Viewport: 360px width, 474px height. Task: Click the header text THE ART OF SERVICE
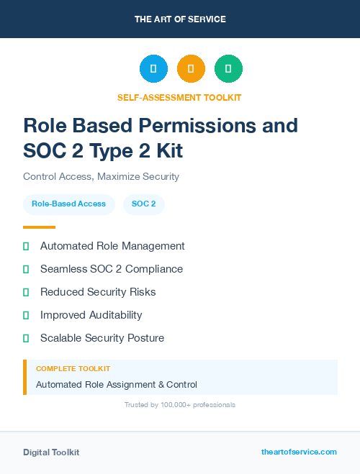click(180, 19)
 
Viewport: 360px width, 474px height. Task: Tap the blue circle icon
click(153, 68)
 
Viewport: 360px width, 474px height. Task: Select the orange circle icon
click(191, 68)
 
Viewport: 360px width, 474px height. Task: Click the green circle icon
click(228, 68)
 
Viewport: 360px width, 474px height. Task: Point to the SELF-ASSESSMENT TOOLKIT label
click(179, 97)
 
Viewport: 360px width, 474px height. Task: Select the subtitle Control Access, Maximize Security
click(101, 176)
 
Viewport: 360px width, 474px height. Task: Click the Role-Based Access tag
click(68, 204)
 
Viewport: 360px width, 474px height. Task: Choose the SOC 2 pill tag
click(144, 204)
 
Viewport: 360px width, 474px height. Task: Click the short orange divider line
click(39, 227)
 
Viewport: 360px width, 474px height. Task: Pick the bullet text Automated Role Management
click(112, 246)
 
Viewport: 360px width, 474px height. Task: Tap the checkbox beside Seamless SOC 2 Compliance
click(26, 269)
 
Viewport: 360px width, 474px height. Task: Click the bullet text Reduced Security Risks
click(98, 292)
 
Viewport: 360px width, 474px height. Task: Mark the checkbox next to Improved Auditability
click(26, 315)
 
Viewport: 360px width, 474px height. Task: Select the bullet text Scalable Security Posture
click(102, 338)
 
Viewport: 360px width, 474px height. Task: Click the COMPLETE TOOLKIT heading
click(73, 368)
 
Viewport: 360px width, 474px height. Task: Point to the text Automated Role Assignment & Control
click(117, 385)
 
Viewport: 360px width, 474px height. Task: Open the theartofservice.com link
click(299, 452)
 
